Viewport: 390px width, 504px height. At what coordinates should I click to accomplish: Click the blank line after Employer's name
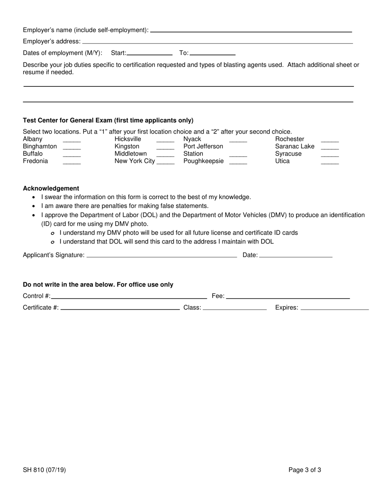pyautogui.click(x=251, y=30)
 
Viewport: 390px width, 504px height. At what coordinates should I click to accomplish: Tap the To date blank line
pyautogui.click(x=212, y=53)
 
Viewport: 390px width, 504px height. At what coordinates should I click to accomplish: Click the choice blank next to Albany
pyautogui.click(x=72, y=140)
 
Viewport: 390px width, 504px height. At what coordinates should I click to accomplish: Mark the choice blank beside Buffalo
pyautogui.click(x=72, y=154)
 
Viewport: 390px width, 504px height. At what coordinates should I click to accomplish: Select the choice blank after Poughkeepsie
pyautogui.click(x=238, y=162)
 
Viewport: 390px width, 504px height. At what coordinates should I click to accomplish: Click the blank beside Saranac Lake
pyautogui.click(x=330, y=147)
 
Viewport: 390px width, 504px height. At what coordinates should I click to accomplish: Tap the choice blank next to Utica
pyautogui.click(x=330, y=162)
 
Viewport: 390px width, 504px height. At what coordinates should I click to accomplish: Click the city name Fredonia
pyautogui.click(x=35, y=161)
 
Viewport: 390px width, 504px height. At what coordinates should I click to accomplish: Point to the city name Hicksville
pyautogui.click(x=128, y=139)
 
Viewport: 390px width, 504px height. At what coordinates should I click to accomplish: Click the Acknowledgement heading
pyautogui.click(x=51, y=188)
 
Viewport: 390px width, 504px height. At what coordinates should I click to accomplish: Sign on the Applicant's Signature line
pyautogui.click(x=162, y=255)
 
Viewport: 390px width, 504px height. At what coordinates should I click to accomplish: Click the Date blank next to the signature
pyautogui.click(x=296, y=255)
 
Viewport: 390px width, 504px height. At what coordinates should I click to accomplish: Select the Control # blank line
pyautogui.click(x=129, y=296)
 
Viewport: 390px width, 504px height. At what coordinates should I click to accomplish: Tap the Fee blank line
pyautogui.click(x=287, y=296)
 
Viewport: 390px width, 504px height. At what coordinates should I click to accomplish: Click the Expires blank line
pyautogui.click(x=335, y=308)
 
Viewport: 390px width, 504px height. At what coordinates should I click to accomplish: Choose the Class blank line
pyautogui.click(x=235, y=308)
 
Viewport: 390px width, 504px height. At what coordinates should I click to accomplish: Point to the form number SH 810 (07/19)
pyautogui.click(x=44, y=470)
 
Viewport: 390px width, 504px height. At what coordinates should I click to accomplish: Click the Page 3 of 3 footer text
pyautogui.click(x=305, y=470)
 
